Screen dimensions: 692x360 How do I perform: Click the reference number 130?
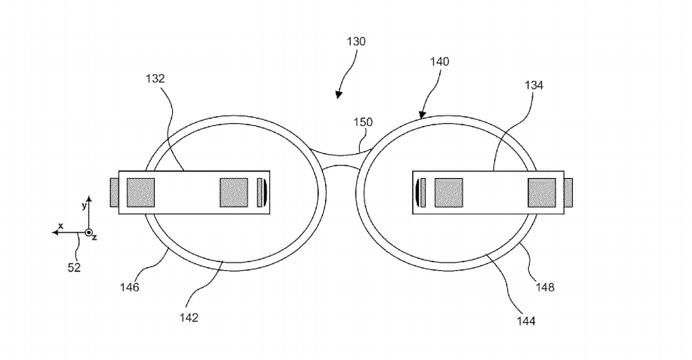point(356,42)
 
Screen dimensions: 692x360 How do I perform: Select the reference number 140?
point(439,62)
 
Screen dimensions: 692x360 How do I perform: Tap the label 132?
point(155,78)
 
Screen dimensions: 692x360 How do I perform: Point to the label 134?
point(534,85)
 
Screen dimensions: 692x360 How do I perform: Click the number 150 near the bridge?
point(363,122)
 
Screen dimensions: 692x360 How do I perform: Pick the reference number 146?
point(129,288)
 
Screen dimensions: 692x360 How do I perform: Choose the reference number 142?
point(189,317)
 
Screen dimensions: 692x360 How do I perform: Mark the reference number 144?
point(526,322)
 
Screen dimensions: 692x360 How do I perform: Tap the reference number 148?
point(545,288)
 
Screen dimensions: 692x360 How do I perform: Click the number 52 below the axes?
point(74,267)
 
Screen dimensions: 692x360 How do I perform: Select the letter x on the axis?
point(61,226)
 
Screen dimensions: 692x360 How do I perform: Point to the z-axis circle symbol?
point(89,232)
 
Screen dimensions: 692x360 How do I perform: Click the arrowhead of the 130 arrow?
point(339,94)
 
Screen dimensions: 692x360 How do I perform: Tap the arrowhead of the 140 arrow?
point(423,115)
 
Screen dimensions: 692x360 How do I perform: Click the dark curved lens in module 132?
point(265,192)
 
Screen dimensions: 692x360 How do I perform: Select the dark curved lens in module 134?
point(417,192)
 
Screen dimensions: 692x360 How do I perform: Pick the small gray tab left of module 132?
point(114,192)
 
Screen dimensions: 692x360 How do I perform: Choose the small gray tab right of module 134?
point(568,192)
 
